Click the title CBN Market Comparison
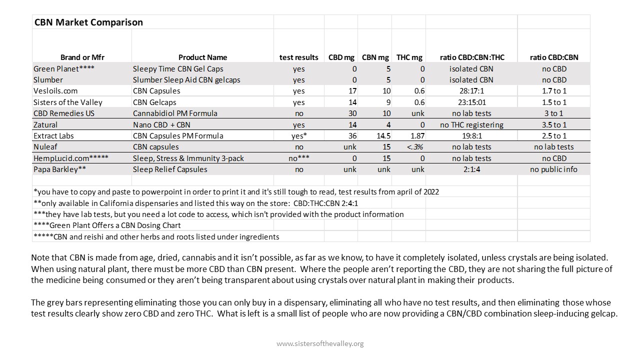click(88, 22)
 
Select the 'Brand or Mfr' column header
click(82, 57)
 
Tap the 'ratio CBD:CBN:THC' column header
click(471, 57)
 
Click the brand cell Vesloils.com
click(55, 91)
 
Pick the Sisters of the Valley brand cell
click(68, 102)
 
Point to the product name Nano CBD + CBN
click(161, 124)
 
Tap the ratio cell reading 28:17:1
click(471, 91)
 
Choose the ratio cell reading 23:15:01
click(471, 102)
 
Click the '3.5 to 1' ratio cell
click(553, 124)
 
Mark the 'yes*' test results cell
click(298, 135)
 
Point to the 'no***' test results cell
click(298, 158)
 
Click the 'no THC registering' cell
click(471, 124)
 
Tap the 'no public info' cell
click(553, 169)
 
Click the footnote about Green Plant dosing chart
click(107, 225)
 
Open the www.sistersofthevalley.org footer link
click(320, 343)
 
